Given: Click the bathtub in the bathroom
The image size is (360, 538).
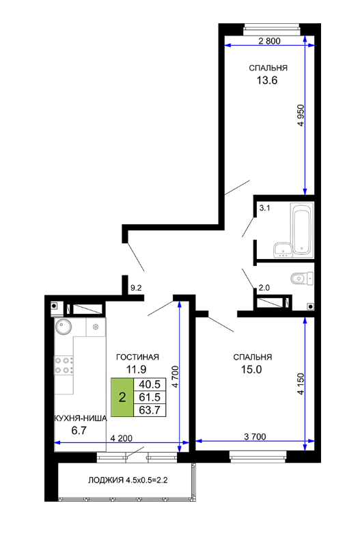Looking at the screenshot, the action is point(302,230).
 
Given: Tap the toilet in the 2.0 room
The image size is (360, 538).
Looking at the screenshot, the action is point(302,278).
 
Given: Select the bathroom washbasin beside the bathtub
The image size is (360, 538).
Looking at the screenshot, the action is point(282,250).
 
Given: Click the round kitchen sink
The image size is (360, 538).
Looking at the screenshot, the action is point(64,326).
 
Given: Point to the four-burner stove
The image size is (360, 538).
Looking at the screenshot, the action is point(64,365).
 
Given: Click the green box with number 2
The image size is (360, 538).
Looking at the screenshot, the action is point(122,397).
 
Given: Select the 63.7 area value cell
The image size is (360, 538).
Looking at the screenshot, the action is point(150,410).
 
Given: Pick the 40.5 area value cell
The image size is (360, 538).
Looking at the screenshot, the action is point(150,384).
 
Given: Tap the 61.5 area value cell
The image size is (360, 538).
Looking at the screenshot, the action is point(150,397).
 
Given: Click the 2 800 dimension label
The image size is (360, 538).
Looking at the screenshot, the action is point(269,41).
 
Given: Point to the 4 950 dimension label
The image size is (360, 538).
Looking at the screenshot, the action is point(301,116).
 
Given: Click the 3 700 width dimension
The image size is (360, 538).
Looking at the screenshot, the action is point(255,436).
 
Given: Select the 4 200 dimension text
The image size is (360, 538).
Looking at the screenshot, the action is point(122,438).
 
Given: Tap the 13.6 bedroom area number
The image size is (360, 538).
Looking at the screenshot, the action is point(267,80).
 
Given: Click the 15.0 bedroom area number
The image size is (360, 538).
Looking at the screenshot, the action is point(251,370).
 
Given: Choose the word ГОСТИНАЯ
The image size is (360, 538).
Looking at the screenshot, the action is point(137,357).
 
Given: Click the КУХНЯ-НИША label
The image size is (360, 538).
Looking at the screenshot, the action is point(81,418).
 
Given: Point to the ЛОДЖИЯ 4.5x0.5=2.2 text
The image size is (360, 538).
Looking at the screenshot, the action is point(128,480).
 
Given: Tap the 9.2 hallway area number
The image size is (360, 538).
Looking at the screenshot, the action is point(136,288).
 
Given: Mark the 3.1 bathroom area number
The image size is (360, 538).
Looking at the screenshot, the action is point(264,208).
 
